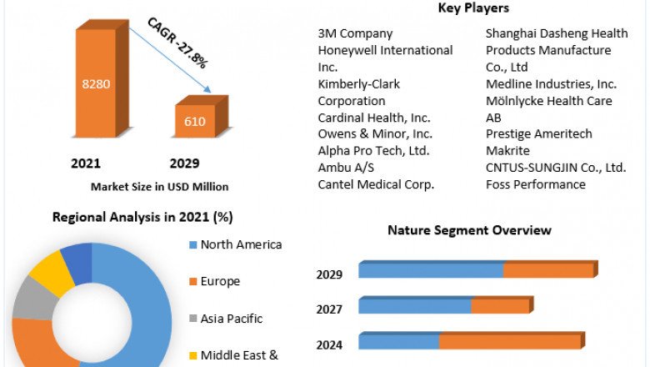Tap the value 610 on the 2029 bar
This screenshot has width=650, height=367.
pyautogui.click(x=195, y=122)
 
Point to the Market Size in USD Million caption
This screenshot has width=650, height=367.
pyautogui.click(x=159, y=187)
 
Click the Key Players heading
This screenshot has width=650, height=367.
pyautogui.click(x=472, y=8)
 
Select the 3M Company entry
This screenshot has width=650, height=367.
pyautogui.click(x=355, y=33)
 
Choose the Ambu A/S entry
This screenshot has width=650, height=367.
pyautogui.click(x=347, y=168)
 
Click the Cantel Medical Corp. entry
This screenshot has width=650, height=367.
pyautogui.click(x=376, y=184)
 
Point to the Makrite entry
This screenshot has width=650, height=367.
pyautogui.click(x=508, y=151)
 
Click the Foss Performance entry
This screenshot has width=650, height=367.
pyautogui.click(x=536, y=184)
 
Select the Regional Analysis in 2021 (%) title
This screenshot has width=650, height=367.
pyautogui.click(x=142, y=217)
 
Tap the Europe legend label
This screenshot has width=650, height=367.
pyautogui.click(x=220, y=281)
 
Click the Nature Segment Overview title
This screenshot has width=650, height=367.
pyautogui.click(x=469, y=230)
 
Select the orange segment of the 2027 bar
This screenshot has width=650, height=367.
pyautogui.click(x=500, y=307)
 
